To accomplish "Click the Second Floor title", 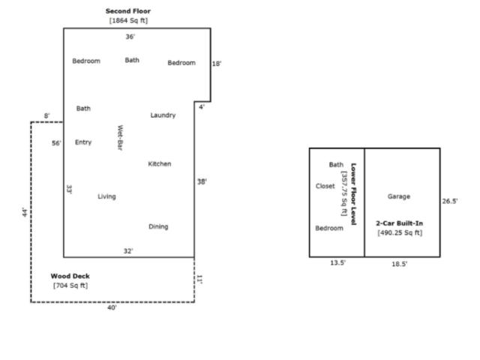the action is click(128, 11).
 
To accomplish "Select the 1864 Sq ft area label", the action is click(128, 20).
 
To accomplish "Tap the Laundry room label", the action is click(163, 115).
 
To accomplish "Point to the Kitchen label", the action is click(160, 163).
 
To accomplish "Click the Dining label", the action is click(158, 226).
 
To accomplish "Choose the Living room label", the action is click(106, 196).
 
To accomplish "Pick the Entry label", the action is click(83, 142).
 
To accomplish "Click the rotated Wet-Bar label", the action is click(120, 137).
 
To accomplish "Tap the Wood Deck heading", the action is click(70, 276).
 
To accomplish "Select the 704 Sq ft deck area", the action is click(70, 286).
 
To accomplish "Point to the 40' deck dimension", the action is click(112, 307).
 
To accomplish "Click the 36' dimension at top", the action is click(130, 37).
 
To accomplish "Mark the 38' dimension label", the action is click(202, 181).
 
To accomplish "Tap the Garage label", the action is click(399, 196).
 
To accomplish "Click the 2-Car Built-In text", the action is click(400, 223).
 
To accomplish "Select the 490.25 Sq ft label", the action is click(400, 232).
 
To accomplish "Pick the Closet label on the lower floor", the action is click(325, 186).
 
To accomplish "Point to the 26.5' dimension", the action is click(450, 201).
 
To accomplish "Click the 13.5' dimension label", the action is click(338, 262).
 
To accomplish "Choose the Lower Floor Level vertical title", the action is click(353, 194).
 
